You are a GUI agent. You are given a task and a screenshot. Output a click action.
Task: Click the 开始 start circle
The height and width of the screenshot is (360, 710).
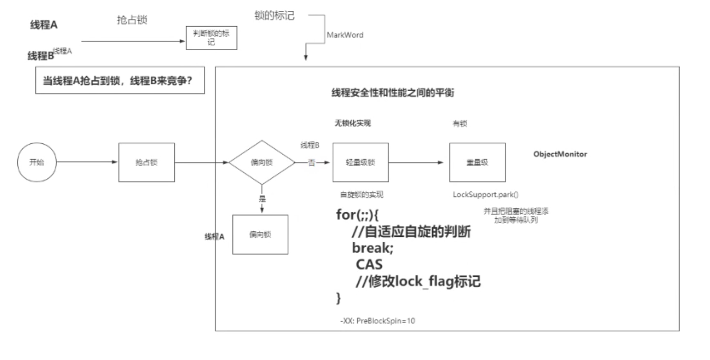pyautogui.click(x=36, y=162)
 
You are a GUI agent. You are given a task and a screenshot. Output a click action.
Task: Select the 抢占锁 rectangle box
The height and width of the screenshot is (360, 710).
pyautogui.click(x=146, y=163)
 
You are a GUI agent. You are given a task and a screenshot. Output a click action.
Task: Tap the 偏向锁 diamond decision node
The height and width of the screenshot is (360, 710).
pyautogui.click(x=262, y=163)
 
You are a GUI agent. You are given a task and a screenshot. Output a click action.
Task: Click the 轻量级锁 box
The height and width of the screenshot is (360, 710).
pyautogui.click(x=360, y=163)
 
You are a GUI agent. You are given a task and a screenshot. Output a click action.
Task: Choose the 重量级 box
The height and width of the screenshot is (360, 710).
pyautogui.click(x=477, y=163)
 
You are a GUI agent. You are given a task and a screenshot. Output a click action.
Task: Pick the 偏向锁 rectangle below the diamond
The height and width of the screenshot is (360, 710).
pyautogui.click(x=260, y=234)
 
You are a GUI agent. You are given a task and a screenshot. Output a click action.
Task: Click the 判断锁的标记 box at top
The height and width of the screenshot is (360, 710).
pyautogui.click(x=211, y=37)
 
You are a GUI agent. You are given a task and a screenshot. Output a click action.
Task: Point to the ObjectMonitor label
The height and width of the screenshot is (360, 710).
pyautogui.click(x=560, y=154)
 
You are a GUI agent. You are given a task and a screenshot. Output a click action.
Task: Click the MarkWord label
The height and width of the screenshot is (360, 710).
pyautogui.click(x=345, y=35)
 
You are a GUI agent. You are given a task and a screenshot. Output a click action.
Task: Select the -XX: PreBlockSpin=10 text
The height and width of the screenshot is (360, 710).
pyautogui.click(x=378, y=321)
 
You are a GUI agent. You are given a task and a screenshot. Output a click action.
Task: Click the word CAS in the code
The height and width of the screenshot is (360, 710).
pyautogui.click(x=369, y=265)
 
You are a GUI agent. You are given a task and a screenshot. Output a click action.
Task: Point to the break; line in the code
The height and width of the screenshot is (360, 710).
pyautogui.click(x=372, y=248)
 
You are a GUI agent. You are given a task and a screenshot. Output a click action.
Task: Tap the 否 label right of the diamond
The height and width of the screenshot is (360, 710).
pyautogui.click(x=311, y=163)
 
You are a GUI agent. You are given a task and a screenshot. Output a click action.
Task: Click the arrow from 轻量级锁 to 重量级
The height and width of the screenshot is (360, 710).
pyautogui.click(x=419, y=163)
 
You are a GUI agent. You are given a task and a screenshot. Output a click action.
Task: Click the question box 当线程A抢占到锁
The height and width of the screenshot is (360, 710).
pyautogui.click(x=120, y=81)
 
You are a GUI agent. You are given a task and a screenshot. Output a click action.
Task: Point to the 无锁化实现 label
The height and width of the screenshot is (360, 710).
pyautogui.click(x=352, y=123)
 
